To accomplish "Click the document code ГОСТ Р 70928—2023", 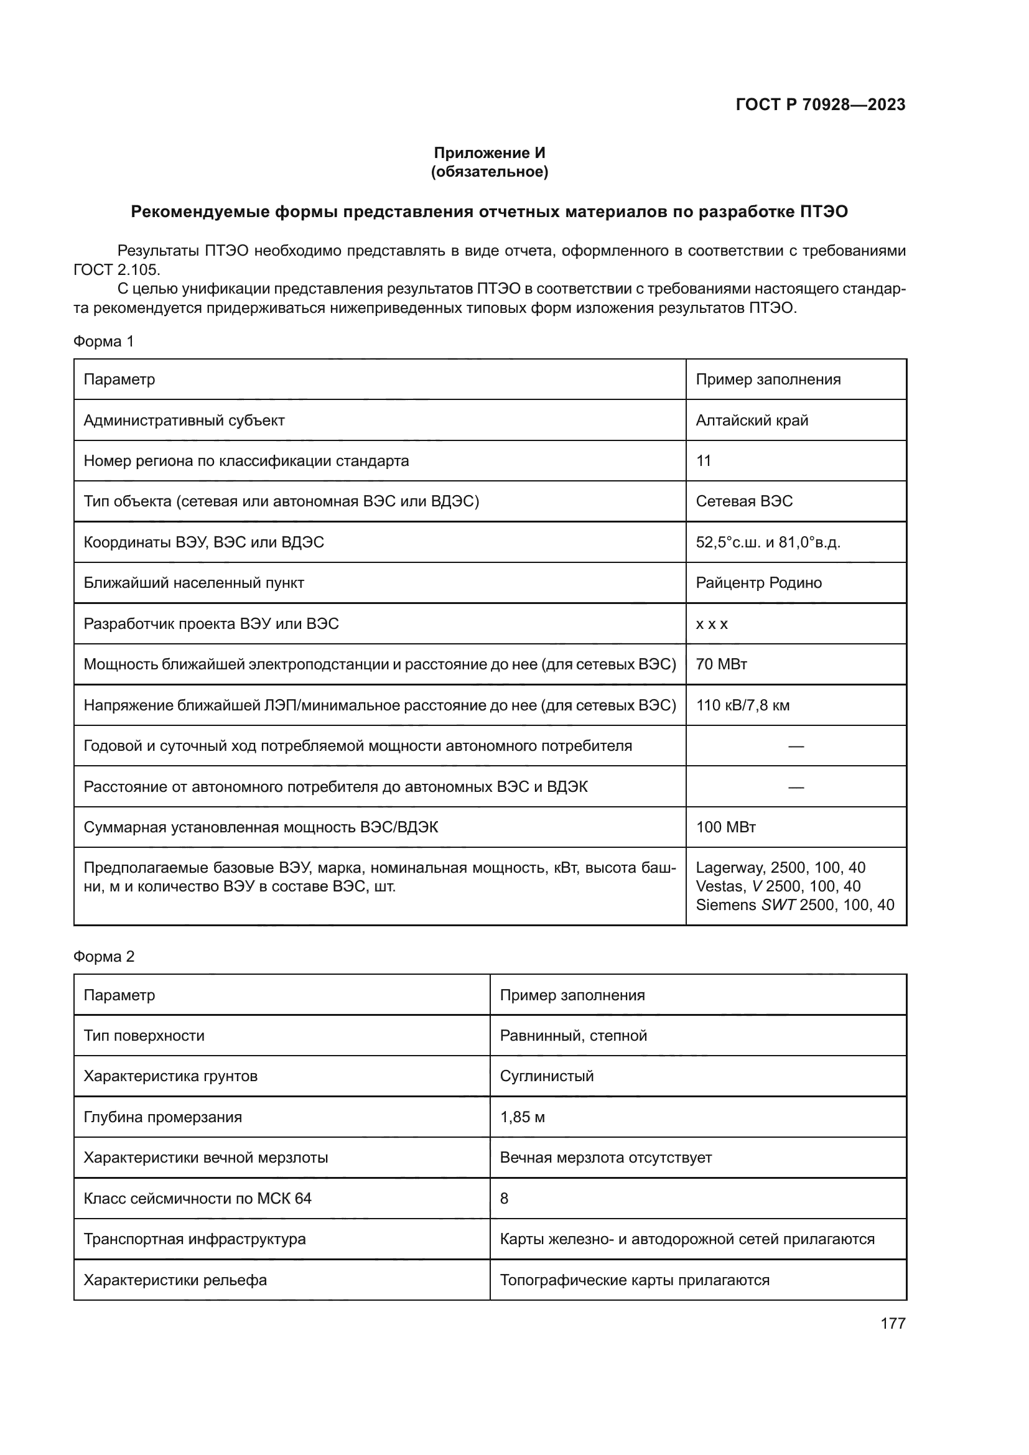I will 820,105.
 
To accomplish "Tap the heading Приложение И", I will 489,153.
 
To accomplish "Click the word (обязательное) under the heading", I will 489,172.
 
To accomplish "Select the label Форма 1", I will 103,342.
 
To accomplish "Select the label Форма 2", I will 103,956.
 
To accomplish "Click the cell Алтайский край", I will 752,420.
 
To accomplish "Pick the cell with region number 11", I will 704,461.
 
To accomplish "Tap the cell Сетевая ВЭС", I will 744,501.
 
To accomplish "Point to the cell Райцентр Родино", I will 758,583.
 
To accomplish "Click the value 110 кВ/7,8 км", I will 743,705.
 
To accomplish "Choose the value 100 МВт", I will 725,827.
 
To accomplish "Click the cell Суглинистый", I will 547,1076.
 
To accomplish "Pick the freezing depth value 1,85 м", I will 522,1117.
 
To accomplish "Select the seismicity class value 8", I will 505,1198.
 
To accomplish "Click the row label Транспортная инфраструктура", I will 195,1239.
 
